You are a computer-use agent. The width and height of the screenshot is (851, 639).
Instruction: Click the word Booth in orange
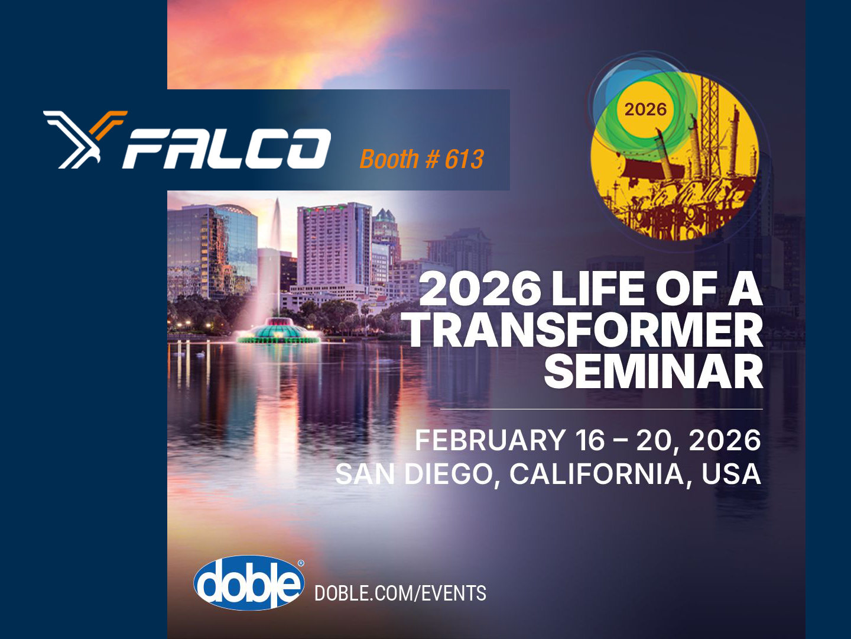point(389,160)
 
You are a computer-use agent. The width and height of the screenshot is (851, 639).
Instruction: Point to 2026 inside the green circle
point(645,109)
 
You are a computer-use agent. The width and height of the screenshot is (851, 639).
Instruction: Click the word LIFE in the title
point(597,289)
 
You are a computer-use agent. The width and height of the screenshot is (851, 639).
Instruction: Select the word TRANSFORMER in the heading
point(585,331)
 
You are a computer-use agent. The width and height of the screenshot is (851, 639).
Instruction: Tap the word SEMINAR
point(654,372)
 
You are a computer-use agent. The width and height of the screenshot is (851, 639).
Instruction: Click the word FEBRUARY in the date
point(490,441)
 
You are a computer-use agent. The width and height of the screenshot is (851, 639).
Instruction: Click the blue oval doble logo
point(249,583)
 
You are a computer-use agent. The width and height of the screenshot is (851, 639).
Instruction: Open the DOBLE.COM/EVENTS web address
point(400,593)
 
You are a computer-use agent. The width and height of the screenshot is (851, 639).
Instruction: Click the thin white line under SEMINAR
point(601,409)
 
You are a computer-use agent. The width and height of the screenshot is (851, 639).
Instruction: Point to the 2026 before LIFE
point(480,289)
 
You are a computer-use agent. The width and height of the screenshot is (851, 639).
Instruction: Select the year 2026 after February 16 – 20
point(725,441)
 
